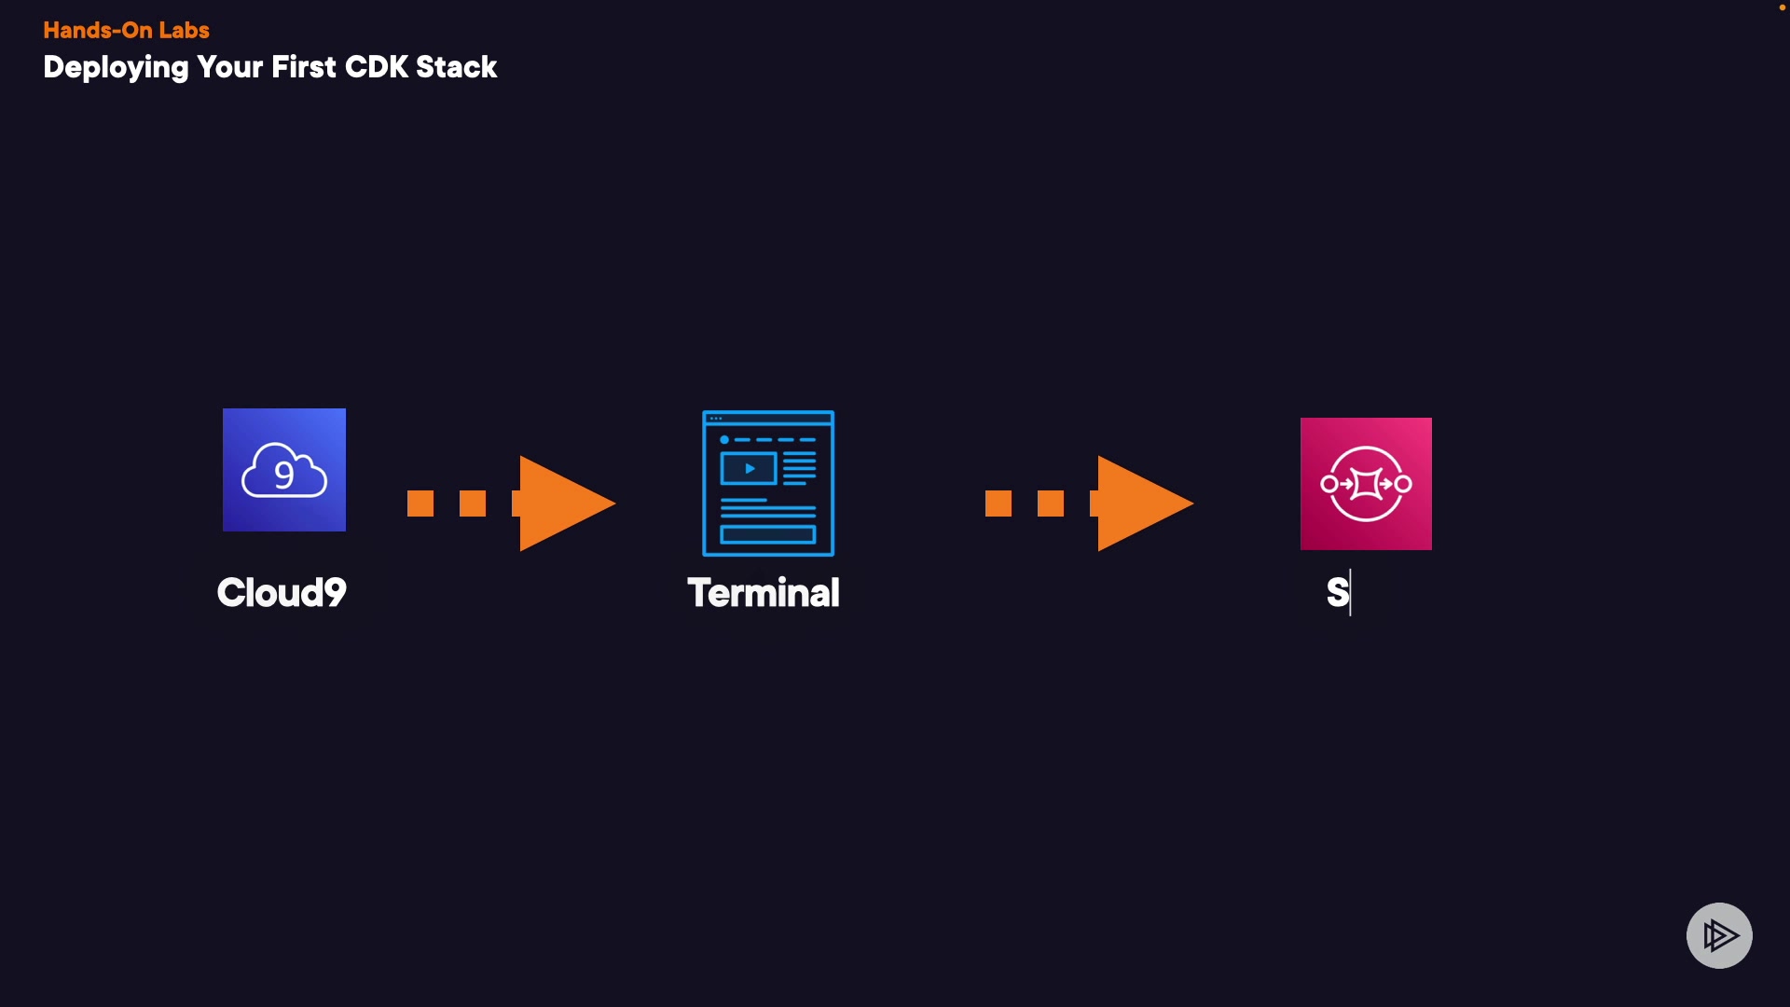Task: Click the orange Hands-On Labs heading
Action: pyautogui.click(x=126, y=30)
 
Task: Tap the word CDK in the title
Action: pyautogui.click(x=376, y=67)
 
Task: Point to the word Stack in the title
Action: pyautogui.click(x=456, y=67)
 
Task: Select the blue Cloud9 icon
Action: pyautogui.click(x=284, y=470)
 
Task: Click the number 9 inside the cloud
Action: pyautogui.click(x=284, y=476)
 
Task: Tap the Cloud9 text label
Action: pyautogui.click(x=282, y=593)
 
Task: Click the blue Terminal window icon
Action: pyautogui.click(x=768, y=483)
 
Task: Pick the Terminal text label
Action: pyautogui.click(x=764, y=593)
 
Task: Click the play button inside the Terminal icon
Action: pyautogui.click(x=749, y=468)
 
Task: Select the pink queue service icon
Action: pyautogui.click(x=1366, y=484)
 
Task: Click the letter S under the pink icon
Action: pyautogui.click(x=1337, y=593)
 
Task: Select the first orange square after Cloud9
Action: pyautogui.click(x=420, y=504)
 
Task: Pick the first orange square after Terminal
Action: pyautogui.click(x=998, y=504)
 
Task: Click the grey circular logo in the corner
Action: pyautogui.click(x=1719, y=935)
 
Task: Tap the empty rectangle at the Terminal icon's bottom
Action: pyautogui.click(x=768, y=534)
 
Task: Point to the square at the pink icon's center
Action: pyautogui.click(x=1366, y=484)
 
